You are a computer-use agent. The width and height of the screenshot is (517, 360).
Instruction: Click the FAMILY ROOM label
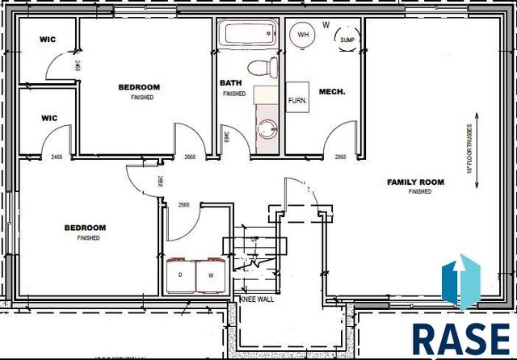[x=415, y=182]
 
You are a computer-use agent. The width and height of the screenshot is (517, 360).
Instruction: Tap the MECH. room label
[x=332, y=92]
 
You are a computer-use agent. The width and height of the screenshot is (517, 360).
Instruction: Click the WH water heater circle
[x=304, y=34]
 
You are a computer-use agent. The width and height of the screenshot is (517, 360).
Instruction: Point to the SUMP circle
[x=347, y=39]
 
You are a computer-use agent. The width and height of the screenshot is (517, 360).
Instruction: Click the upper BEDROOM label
[x=139, y=87]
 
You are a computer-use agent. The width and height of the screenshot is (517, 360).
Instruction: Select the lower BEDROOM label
[x=86, y=228]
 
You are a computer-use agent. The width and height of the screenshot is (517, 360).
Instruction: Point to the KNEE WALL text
[x=256, y=299]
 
